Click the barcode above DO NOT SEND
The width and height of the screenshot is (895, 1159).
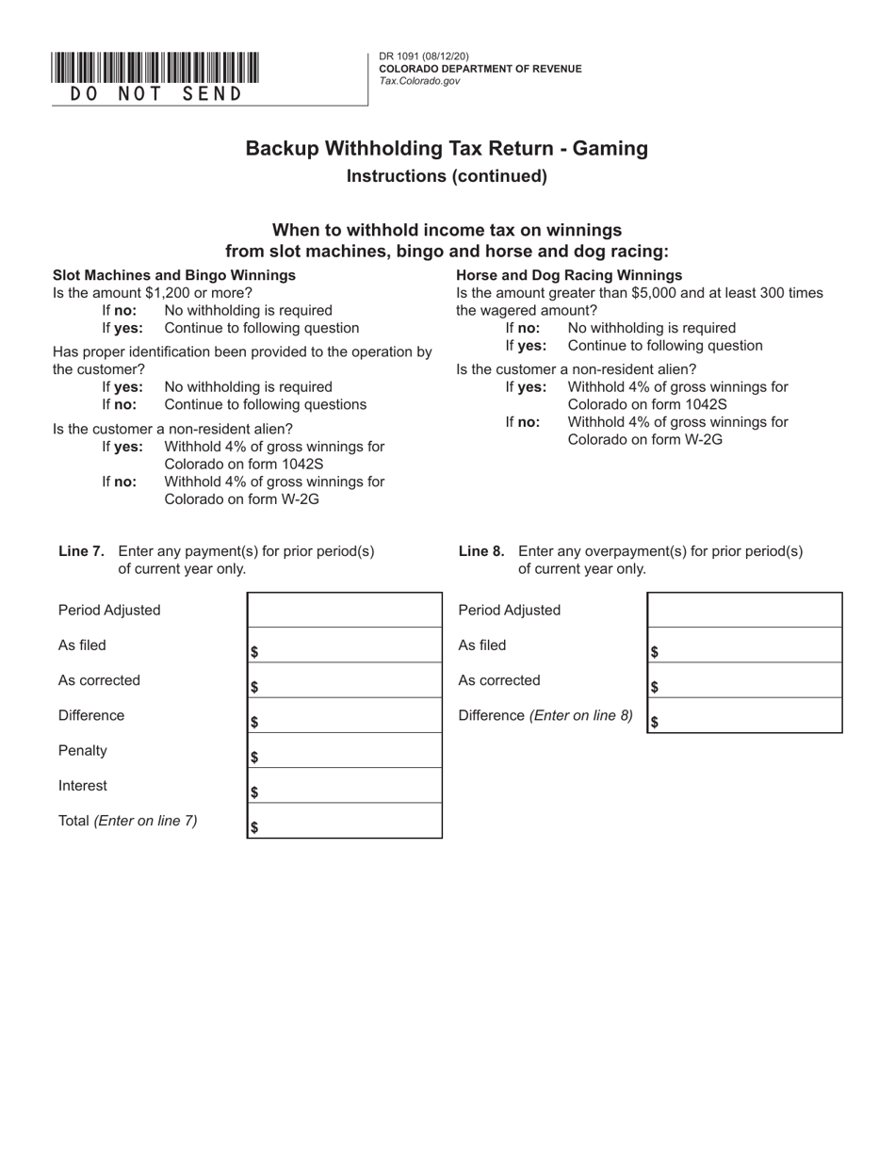pos(155,69)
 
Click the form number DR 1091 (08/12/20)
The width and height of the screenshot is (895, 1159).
pos(423,57)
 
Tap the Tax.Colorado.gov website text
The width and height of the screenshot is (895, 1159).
pos(419,81)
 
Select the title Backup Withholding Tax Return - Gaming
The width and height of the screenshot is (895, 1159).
pos(447,148)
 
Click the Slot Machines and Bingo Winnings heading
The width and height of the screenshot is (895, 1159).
pos(174,275)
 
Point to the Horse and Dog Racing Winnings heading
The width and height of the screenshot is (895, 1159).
pos(569,275)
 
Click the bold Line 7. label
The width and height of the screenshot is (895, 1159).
pos(81,551)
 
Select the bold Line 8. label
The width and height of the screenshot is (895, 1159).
pos(481,551)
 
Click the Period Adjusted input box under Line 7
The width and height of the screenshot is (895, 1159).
pos(345,610)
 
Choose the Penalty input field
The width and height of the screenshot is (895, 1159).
pos(345,751)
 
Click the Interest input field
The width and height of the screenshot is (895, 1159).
pos(345,786)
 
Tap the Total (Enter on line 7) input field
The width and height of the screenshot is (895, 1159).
pos(345,821)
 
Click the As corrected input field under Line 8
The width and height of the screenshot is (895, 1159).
pos(745,680)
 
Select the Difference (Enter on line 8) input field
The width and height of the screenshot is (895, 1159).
pos(745,716)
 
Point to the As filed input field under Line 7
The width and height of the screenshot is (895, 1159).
pos(345,645)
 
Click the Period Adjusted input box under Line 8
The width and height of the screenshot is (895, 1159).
pos(745,610)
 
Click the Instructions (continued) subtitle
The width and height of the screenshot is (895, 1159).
pos(447,176)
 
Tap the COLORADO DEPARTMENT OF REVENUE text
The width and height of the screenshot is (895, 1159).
pos(480,69)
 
